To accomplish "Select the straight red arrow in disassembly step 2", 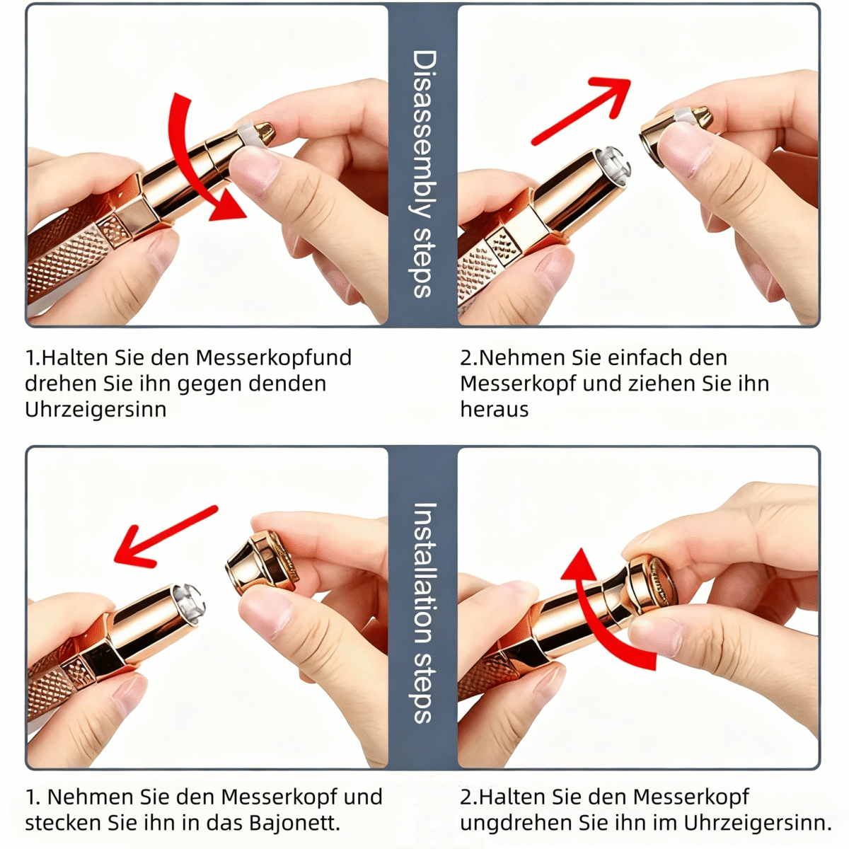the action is tap(582, 110).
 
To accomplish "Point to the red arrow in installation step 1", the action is tap(166, 536).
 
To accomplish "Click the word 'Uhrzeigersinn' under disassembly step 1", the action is tap(96, 410).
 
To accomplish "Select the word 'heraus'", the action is tap(494, 410).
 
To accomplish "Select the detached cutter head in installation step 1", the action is tap(262, 561).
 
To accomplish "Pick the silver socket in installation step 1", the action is tap(190, 601).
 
